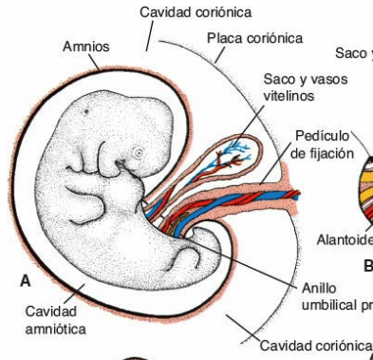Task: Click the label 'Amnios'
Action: pyautogui.click(x=85, y=46)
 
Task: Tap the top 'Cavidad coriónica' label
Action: pyautogui.click(x=196, y=11)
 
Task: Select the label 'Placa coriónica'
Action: pyautogui.click(x=254, y=37)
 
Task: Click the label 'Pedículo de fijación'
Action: pyautogui.click(x=323, y=144)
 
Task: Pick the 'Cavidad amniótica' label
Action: pyautogui.click(x=56, y=320)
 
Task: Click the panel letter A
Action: pyautogui.click(x=26, y=281)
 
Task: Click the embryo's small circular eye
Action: pyautogui.click(x=138, y=152)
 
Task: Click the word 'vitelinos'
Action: pyautogui.click(x=288, y=96)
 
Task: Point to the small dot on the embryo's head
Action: pyautogui.click(x=86, y=110)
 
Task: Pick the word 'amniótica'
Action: pyautogui.click(x=56, y=328)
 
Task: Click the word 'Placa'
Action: pyautogui.click(x=223, y=37)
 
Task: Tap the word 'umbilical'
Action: pyautogui.click(x=326, y=304)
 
